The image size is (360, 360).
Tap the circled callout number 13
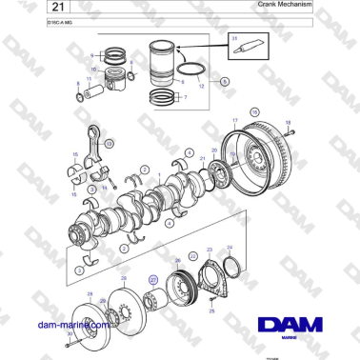point(110,143)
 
